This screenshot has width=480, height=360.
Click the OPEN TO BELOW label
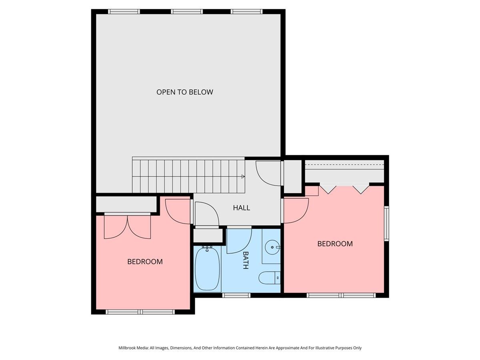(x=184, y=92)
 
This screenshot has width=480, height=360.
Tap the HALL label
(x=242, y=208)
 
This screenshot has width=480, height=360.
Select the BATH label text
(x=246, y=260)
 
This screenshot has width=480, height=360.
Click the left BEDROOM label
(x=145, y=262)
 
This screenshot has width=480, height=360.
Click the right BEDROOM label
(x=335, y=244)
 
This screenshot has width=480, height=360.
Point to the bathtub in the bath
(x=207, y=270)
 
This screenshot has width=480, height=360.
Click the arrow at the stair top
(x=243, y=176)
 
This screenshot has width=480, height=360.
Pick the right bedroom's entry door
(x=295, y=211)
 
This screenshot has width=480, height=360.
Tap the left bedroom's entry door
(x=177, y=211)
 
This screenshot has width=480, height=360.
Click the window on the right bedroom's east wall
(x=386, y=223)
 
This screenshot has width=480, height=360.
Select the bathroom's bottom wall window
(x=236, y=295)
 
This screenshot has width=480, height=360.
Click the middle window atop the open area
(x=186, y=12)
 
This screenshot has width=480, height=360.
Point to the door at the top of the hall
(x=268, y=173)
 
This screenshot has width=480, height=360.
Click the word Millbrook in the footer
(x=128, y=348)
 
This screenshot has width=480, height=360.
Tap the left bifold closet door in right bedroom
(x=328, y=189)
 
